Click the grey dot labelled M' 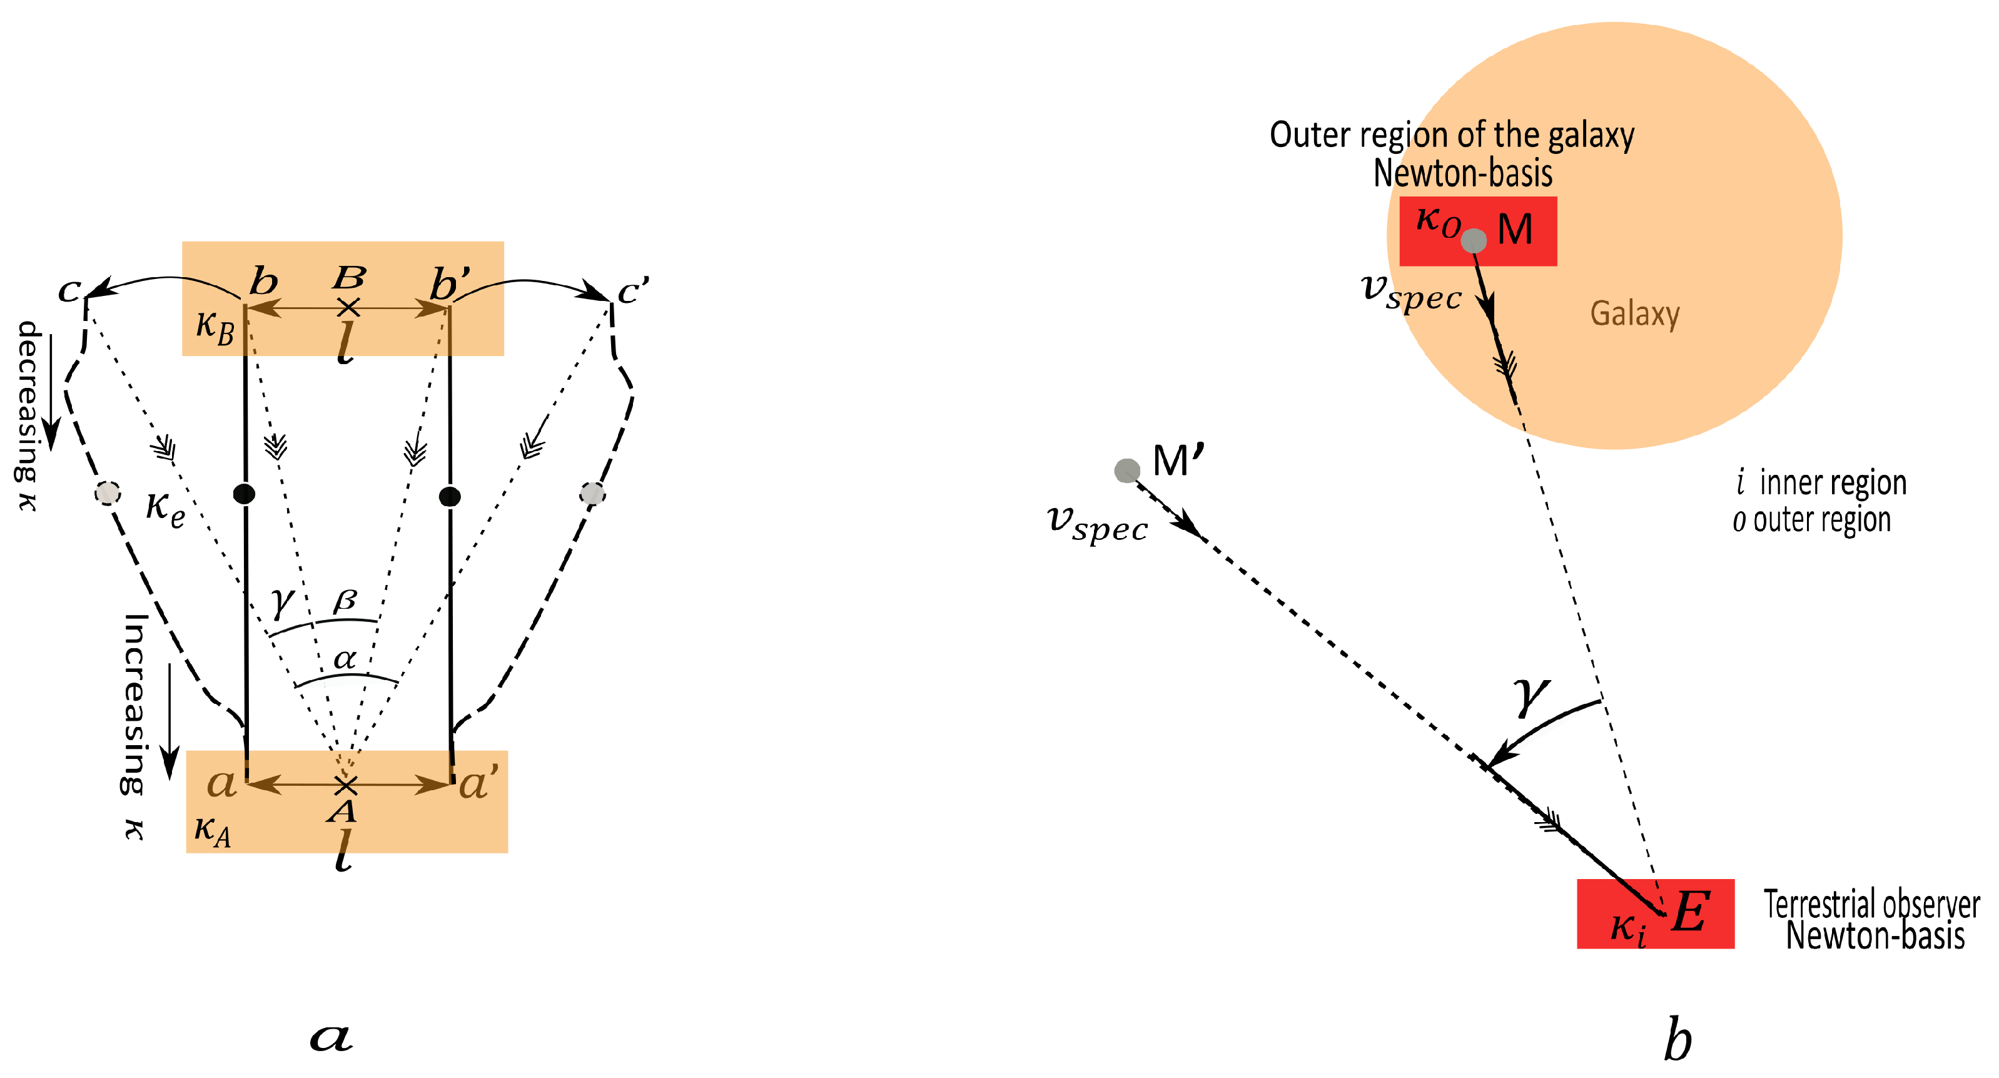(x=1126, y=470)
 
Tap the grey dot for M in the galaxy (x=1474, y=241)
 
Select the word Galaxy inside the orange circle (x=1634, y=314)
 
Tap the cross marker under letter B (x=348, y=307)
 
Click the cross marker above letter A (x=345, y=785)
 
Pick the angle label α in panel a (x=345, y=659)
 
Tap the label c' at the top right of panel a (x=633, y=291)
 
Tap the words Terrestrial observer (x=1871, y=904)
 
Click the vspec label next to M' (x=1097, y=526)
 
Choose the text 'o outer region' (x=1811, y=520)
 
